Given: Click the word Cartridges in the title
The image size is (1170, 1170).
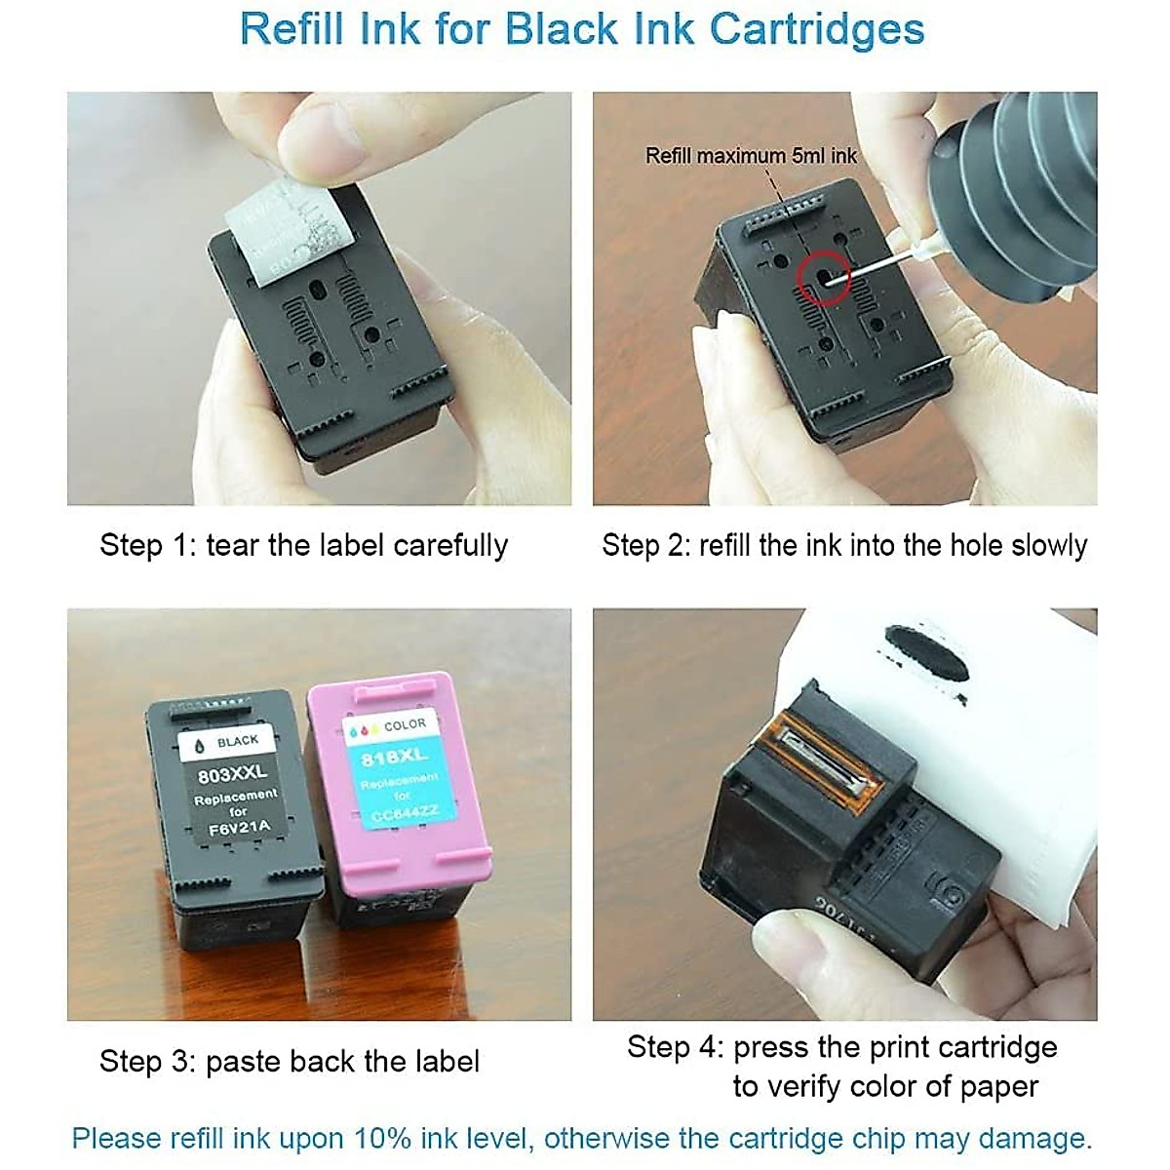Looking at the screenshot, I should (816, 29).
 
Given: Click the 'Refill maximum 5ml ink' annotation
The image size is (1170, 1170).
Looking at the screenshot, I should (751, 156).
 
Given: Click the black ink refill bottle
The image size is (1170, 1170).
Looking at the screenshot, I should (1014, 195).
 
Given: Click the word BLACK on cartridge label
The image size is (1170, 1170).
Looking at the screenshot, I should (238, 742).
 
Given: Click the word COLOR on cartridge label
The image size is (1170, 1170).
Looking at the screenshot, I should (405, 725).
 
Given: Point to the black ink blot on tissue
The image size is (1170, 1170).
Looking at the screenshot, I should (926, 650).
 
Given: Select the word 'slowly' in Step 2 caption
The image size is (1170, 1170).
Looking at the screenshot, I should (1048, 545).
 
